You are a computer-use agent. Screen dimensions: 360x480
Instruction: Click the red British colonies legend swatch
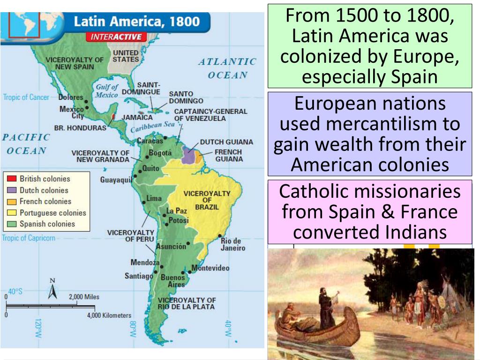pos(12,179)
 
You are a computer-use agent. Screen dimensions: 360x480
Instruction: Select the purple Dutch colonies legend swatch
pos(12,190)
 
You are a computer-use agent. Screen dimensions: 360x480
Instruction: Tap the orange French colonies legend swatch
pos(12,202)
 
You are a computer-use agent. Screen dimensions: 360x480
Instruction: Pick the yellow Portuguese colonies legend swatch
pos(12,213)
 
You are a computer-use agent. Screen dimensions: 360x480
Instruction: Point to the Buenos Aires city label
pos(172,281)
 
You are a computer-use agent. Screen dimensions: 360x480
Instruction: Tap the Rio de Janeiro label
pos(232,245)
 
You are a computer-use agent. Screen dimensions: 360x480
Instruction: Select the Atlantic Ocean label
pos(227,68)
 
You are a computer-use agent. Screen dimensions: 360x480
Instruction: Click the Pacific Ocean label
pos(26,144)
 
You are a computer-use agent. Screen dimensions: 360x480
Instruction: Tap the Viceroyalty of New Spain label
pos(75,63)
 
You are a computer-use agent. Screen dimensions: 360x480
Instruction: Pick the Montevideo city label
pos(210,268)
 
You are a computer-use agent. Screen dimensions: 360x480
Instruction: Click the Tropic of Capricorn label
pos(28,238)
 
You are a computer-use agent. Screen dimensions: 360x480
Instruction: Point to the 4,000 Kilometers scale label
pos(109,315)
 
